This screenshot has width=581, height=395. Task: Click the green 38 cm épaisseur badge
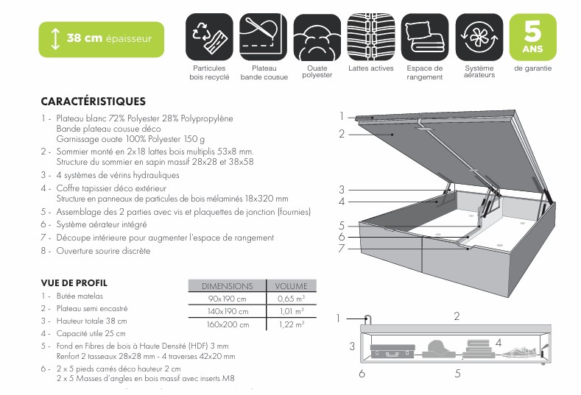click(101, 38)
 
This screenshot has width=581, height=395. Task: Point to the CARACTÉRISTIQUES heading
click(93, 102)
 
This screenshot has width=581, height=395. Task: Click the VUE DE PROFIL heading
click(74, 282)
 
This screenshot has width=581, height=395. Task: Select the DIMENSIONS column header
click(227, 285)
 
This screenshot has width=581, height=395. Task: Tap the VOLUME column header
click(291, 285)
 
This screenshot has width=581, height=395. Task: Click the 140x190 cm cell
click(227, 311)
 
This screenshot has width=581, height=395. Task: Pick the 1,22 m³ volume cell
click(291, 324)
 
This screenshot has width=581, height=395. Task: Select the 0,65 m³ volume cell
click(291, 299)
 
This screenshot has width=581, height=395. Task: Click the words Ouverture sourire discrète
click(103, 251)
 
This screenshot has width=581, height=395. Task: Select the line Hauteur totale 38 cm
click(91, 321)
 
